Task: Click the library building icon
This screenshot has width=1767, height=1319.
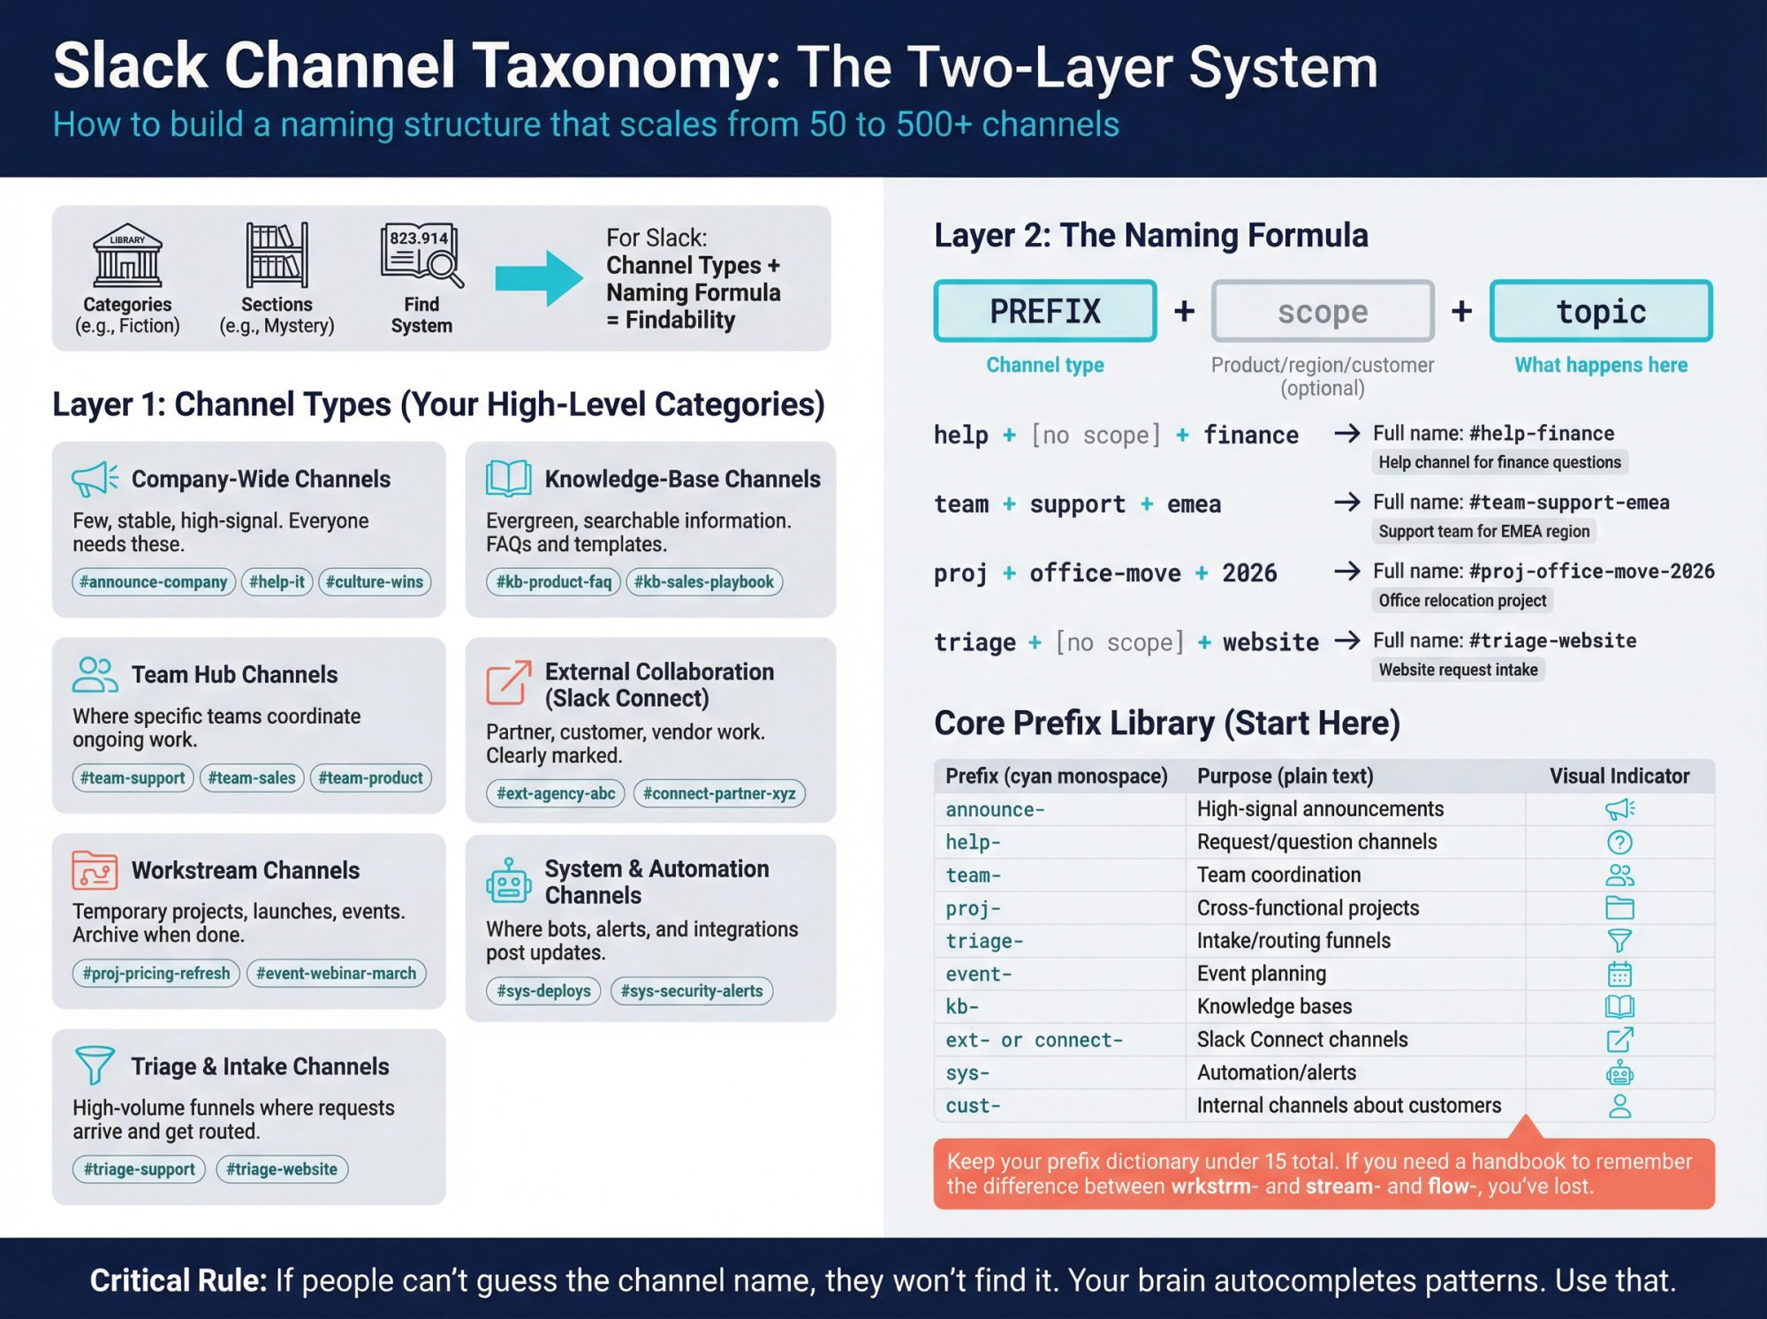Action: pyautogui.click(x=127, y=255)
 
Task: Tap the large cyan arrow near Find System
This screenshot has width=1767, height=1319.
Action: pyautogui.click(x=538, y=278)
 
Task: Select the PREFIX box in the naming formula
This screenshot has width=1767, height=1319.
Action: pyautogui.click(x=1044, y=311)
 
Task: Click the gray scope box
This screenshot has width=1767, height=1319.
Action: pyautogui.click(x=1322, y=311)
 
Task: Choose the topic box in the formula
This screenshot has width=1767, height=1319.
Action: pyautogui.click(x=1600, y=311)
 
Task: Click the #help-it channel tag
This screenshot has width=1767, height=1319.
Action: pyautogui.click(x=277, y=582)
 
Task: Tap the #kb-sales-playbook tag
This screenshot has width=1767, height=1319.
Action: pyautogui.click(x=703, y=582)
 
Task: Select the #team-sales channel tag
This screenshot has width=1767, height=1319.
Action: pyautogui.click(x=252, y=778)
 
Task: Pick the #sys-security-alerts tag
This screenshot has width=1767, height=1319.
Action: pyautogui.click(x=691, y=991)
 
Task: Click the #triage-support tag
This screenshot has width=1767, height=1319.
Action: pyautogui.click(x=139, y=1170)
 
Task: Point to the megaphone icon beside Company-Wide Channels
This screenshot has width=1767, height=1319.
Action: pyautogui.click(x=94, y=479)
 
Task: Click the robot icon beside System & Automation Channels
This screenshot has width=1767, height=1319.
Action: pyautogui.click(x=508, y=881)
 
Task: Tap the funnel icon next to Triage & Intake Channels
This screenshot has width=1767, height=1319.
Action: pyautogui.click(x=94, y=1065)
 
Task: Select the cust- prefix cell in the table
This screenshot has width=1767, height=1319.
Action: pyautogui.click(x=973, y=1106)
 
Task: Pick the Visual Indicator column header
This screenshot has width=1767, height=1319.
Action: pyautogui.click(x=1619, y=777)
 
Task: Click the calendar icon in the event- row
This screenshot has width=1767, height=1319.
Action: pyautogui.click(x=1619, y=974)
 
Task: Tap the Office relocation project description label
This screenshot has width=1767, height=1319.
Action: pyautogui.click(x=1461, y=601)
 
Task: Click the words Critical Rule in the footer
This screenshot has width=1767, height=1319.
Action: pyautogui.click(x=178, y=1280)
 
